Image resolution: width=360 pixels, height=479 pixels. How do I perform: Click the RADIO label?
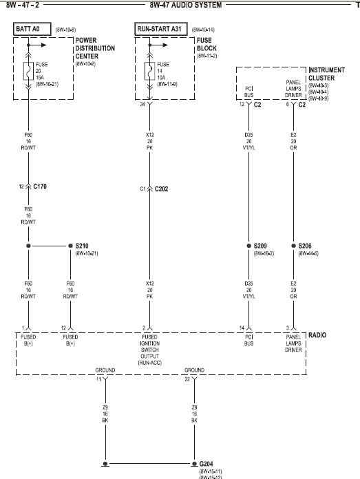click(319, 335)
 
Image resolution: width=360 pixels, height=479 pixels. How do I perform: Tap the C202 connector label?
click(162, 188)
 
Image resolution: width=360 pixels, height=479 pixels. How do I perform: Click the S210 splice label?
click(81, 246)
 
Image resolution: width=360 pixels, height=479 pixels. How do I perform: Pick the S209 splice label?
click(261, 246)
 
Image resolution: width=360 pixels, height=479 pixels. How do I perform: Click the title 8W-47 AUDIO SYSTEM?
click(186, 5)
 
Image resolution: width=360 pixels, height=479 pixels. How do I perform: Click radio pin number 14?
click(242, 328)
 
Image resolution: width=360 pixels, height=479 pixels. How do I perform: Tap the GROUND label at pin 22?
click(195, 370)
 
